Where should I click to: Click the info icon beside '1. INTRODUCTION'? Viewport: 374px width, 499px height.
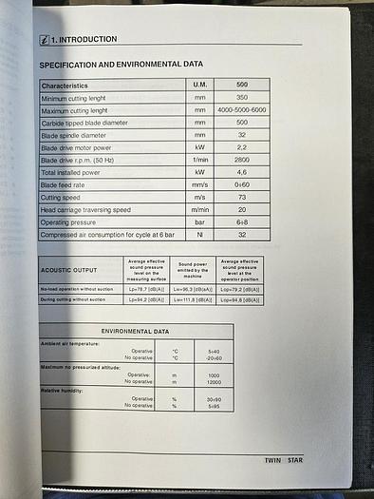coord(44,40)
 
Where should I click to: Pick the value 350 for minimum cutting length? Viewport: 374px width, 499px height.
coord(242,98)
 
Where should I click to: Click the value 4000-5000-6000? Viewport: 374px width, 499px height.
coord(242,110)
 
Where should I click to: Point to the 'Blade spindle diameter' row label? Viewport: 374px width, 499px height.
coord(80,135)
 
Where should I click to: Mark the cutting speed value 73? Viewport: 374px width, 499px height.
coord(242,197)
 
